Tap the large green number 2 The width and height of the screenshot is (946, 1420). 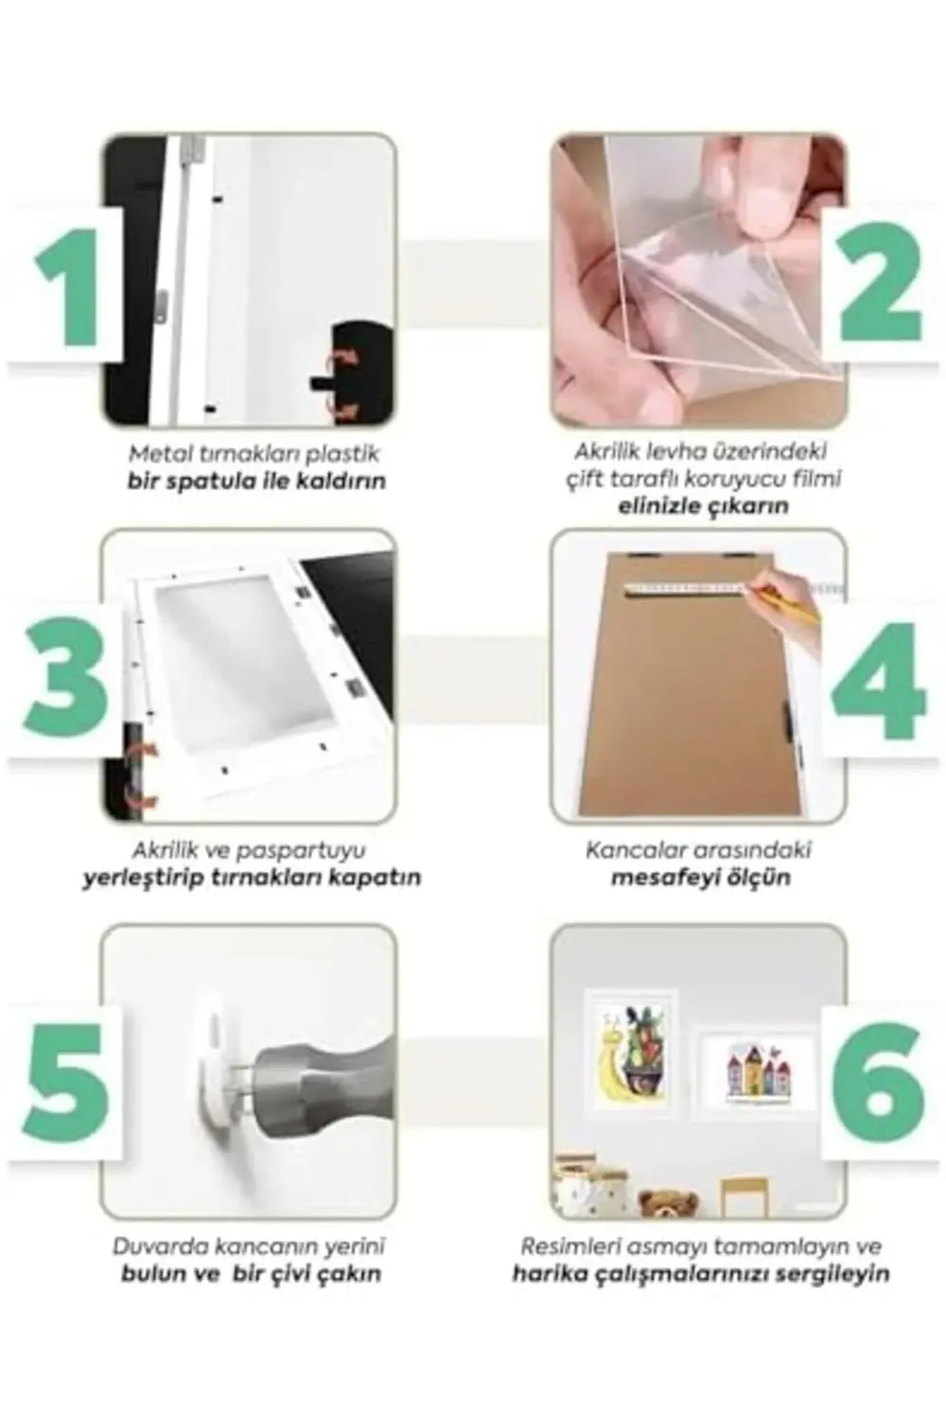point(881,281)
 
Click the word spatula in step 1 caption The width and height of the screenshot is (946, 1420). point(201,483)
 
